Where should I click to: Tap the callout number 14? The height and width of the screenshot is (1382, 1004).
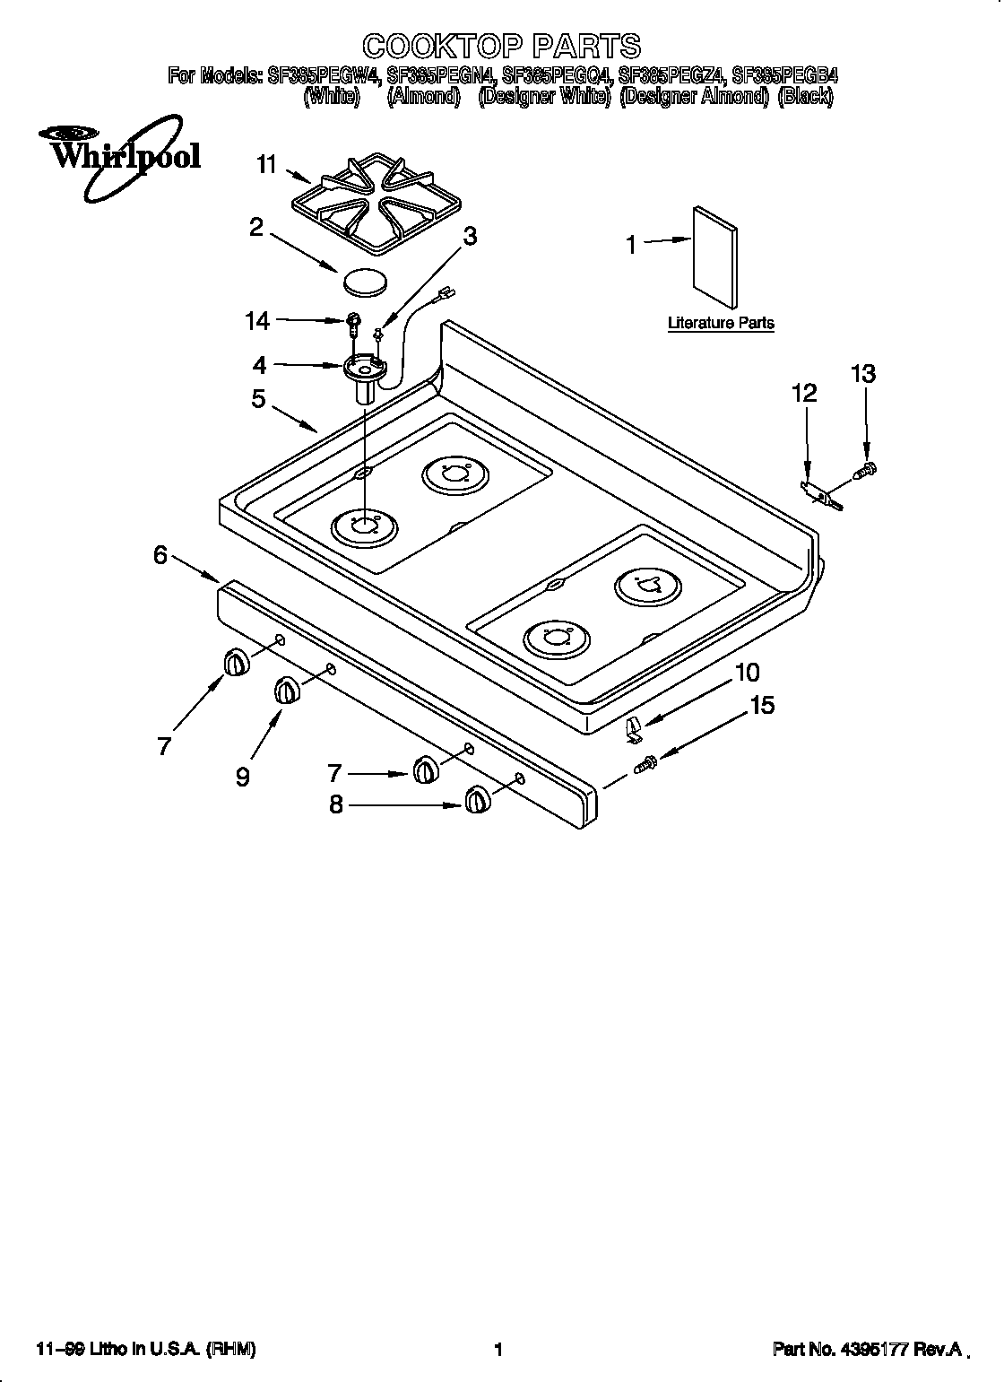(257, 319)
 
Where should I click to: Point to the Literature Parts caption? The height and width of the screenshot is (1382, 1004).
(721, 324)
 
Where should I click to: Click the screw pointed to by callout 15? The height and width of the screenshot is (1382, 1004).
(645, 764)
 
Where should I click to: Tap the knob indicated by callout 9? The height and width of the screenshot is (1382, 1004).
(285, 691)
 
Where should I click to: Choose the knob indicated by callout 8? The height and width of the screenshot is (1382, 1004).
(477, 799)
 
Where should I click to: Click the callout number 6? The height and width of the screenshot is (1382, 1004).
(160, 556)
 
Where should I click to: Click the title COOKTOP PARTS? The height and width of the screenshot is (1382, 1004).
(501, 46)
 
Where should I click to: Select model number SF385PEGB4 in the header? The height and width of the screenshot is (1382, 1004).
(784, 76)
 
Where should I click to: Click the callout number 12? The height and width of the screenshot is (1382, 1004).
(804, 393)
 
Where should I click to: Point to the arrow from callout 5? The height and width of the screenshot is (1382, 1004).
(296, 417)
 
